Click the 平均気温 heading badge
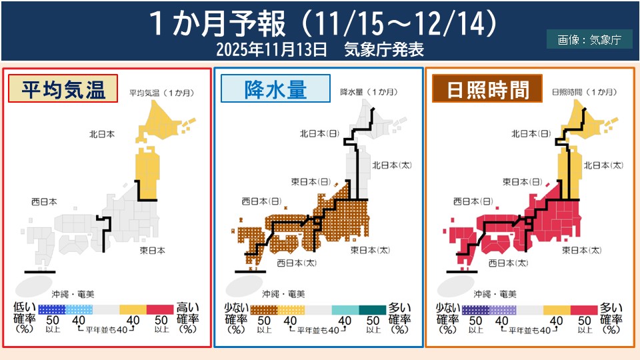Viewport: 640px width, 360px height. click(x=64, y=89)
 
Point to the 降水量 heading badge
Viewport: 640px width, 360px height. click(x=275, y=89)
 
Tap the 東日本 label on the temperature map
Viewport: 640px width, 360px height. click(x=153, y=250)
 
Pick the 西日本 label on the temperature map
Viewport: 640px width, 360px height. click(x=44, y=201)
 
